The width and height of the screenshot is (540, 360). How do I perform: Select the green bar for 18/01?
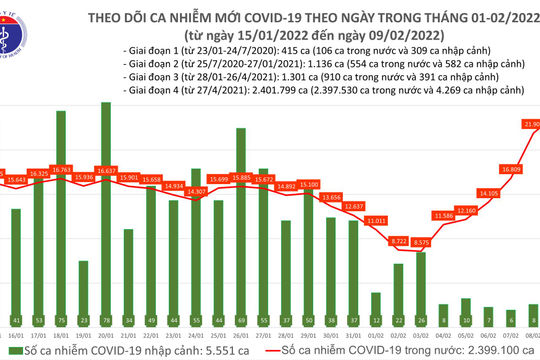[x=61, y=220]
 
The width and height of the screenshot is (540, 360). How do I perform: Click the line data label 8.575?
[x=421, y=242]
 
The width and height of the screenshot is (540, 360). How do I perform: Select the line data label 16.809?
[x=511, y=170]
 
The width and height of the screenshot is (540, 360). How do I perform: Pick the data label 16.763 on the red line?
[x=61, y=170]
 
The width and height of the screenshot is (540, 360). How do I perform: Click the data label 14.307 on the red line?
[x=196, y=191]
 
